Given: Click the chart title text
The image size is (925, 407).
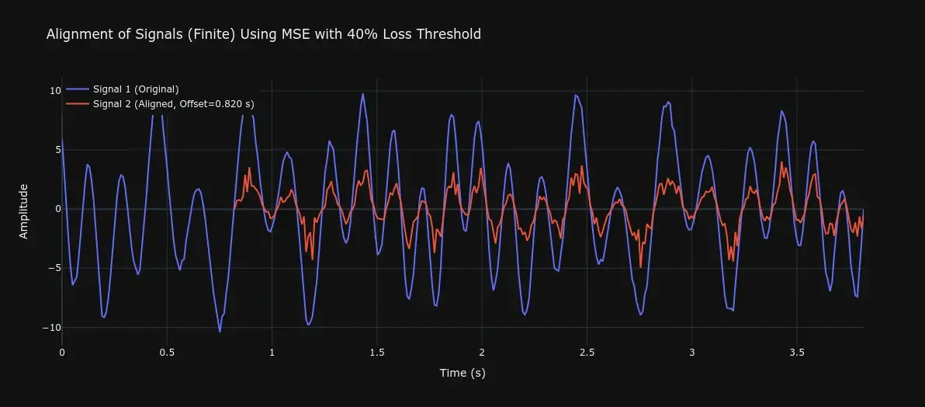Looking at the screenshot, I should tap(264, 34).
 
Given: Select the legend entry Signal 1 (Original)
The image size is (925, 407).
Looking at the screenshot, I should tap(135, 89).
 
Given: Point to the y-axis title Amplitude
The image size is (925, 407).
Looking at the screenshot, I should tap(23, 210).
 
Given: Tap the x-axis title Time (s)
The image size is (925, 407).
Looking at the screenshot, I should tap(462, 373).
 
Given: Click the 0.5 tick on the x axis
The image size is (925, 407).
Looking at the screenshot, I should tap(167, 352).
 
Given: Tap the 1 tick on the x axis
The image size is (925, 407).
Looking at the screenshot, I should tap(272, 352).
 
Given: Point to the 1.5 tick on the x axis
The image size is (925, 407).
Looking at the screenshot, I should tap(377, 352).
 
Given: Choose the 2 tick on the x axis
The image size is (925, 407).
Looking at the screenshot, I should tap(482, 352).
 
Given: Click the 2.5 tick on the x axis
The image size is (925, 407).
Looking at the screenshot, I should tap(587, 352).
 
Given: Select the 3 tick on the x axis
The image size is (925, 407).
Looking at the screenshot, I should tap(692, 352).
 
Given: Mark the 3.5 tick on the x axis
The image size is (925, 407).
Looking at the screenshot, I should tap(797, 352).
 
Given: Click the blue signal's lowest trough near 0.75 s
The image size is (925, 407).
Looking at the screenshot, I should tap(220, 332).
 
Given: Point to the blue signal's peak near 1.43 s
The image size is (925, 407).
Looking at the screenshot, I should tap(362, 94).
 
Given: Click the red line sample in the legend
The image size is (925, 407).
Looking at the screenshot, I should tap(76, 103).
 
